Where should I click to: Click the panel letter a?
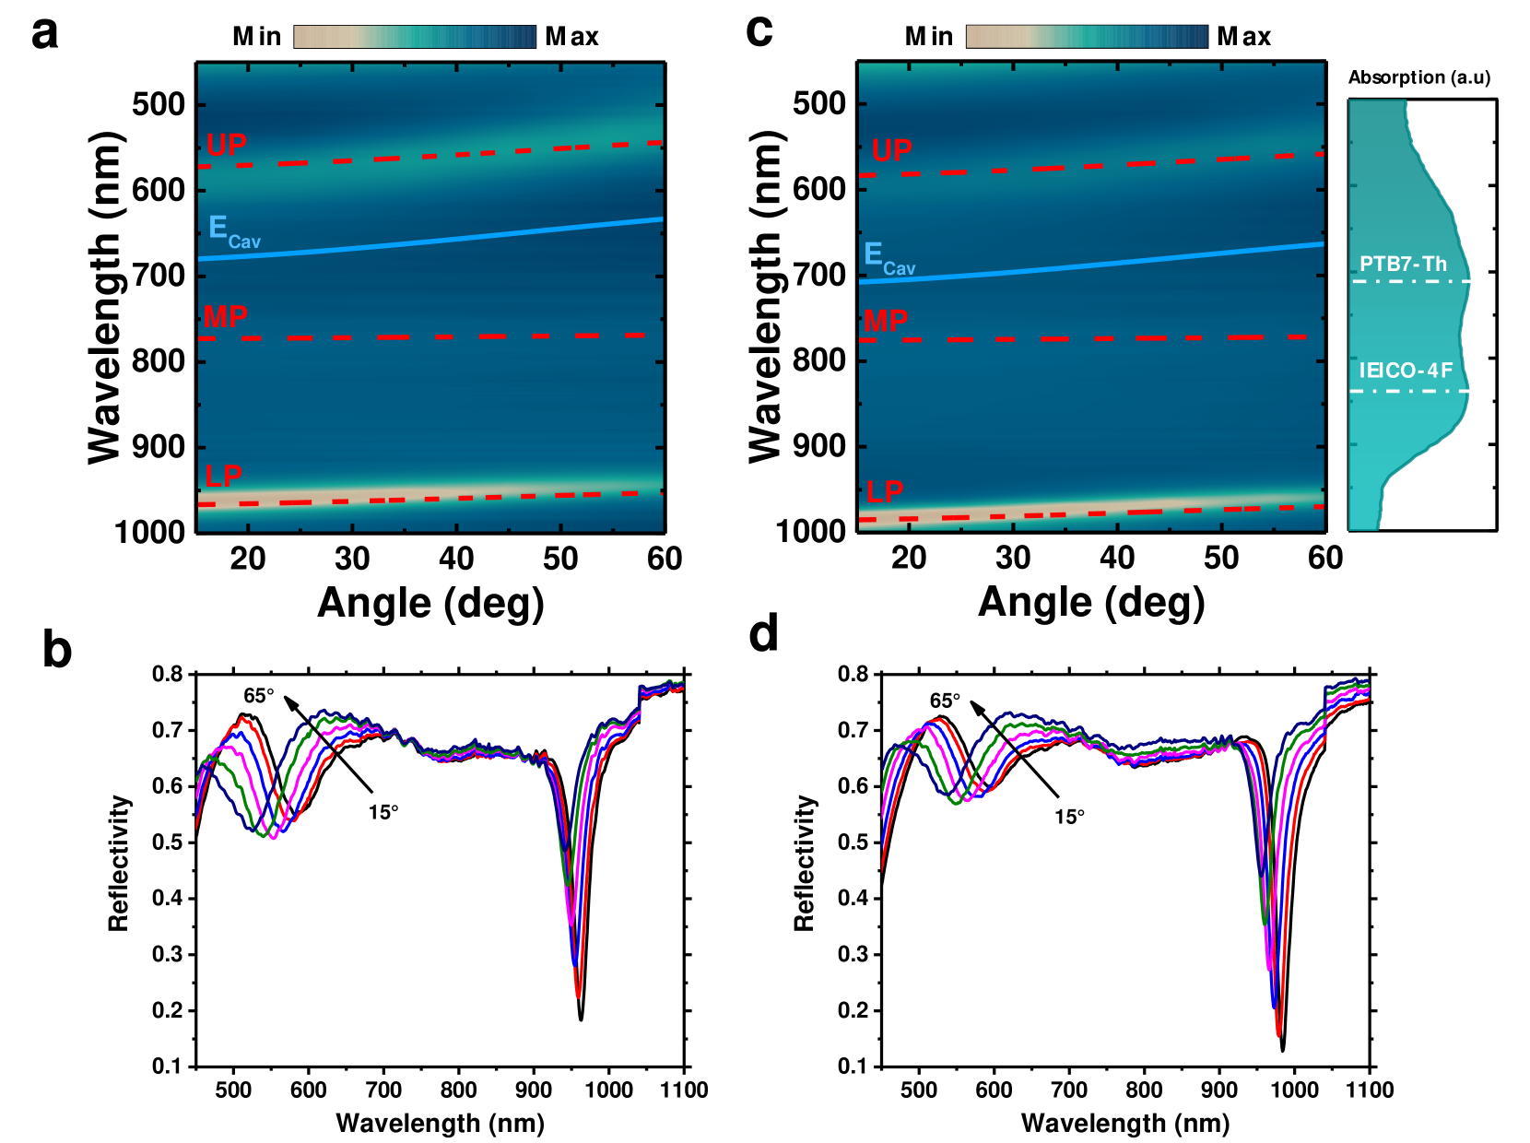[x=44, y=34]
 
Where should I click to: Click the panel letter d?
[x=763, y=634]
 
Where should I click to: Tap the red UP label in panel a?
[x=227, y=145]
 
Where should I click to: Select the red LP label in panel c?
[x=885, y=491]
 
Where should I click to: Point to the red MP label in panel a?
[x=226, y=317]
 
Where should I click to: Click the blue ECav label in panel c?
[x=889, y=258]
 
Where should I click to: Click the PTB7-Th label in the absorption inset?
[x=1403, y=265]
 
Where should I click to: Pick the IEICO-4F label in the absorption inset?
[x=1406, y=371]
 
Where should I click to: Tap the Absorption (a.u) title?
[x=1418, y=77]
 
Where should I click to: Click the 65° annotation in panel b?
[x=259, y=696]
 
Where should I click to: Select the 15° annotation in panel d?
[x=1069, y=817]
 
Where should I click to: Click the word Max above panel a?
[x=571, y=37]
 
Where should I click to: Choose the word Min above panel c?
[x=928, y=37]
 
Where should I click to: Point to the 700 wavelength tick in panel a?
[x=159, y=275]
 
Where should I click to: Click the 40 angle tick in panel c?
[x=1117, y=558]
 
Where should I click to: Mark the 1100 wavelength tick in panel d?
[x=1370, y=1090]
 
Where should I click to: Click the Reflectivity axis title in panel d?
[x=805, y=864]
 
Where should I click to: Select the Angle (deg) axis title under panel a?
[x=430, y=603]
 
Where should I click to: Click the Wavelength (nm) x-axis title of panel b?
[x=440, y=1123]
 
